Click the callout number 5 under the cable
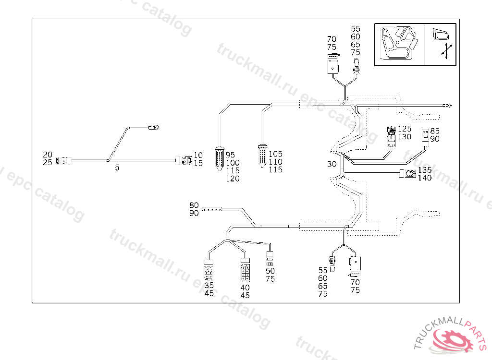(117, 168)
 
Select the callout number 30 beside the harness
(332, 164)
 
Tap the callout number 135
(425, 170)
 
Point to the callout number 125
(405, 129)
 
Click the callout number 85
(435, 131)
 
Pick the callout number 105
(275, 154)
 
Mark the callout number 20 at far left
(48, 155)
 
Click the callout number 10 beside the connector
(198, 156)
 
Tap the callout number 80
(194, 205)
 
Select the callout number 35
(209, 285)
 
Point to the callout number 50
(270, 271)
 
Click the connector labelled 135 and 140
(408, 174)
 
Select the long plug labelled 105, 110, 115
(262, 155)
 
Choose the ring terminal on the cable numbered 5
(155, 128)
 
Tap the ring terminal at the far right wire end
(448, 105)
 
